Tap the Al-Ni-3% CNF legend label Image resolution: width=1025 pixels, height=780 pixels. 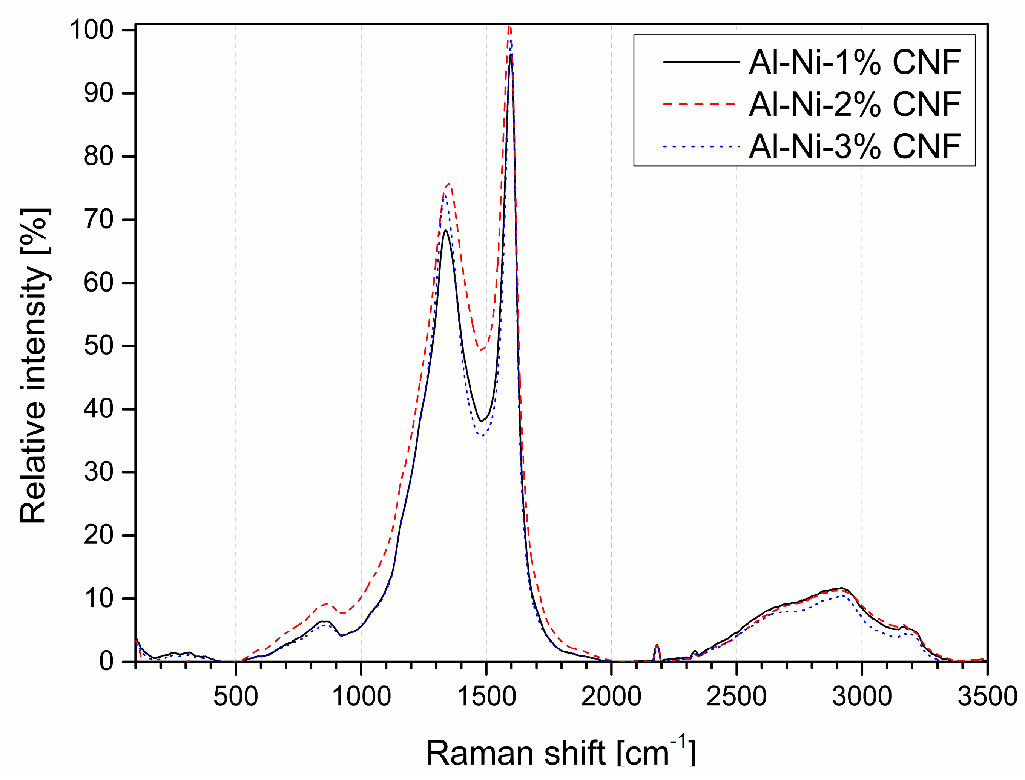pos(854,146)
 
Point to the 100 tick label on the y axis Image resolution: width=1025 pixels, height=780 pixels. pos(98,31)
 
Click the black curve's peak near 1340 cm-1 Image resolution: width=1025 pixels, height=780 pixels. pos(445,230)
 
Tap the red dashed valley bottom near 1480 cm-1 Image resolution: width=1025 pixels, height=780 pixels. pos(481,349)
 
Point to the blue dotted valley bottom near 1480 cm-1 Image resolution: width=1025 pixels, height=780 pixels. pos(483,435)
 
